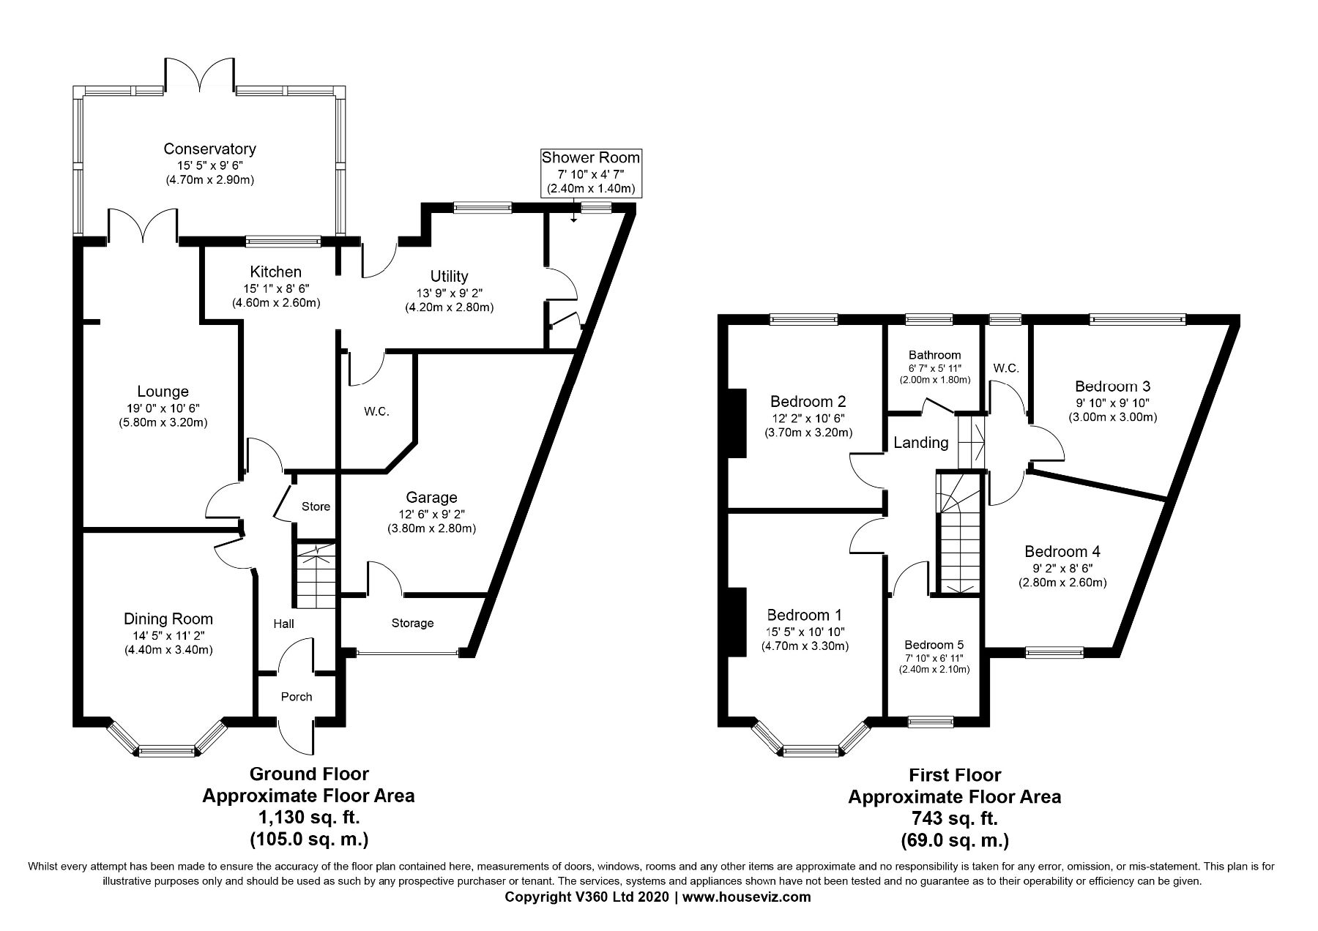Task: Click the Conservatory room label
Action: click(x=209, y=149)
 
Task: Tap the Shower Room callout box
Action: click(x=590, y=173)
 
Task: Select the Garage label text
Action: click(x=432, y=498)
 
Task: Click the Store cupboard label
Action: click(x=316, y=506)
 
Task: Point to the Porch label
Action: click(x=297, y=697)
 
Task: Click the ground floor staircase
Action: click(x=316, y=576)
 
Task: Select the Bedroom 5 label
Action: click(x=934, y=645)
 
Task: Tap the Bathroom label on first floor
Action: click(x=934, y=355)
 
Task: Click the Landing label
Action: click(x=921, y=443)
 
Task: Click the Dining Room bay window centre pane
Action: click(x=167, y=749)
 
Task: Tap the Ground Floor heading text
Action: click(x=309, y=774)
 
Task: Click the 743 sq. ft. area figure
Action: click(x=954, y=818)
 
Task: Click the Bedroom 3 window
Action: click(x=1137, y=319)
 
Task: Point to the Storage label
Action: click(x=412, y=623)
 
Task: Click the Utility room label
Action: click(x=449, y=277)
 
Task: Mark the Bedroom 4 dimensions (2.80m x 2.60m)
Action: click(x=1062, y=583)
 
